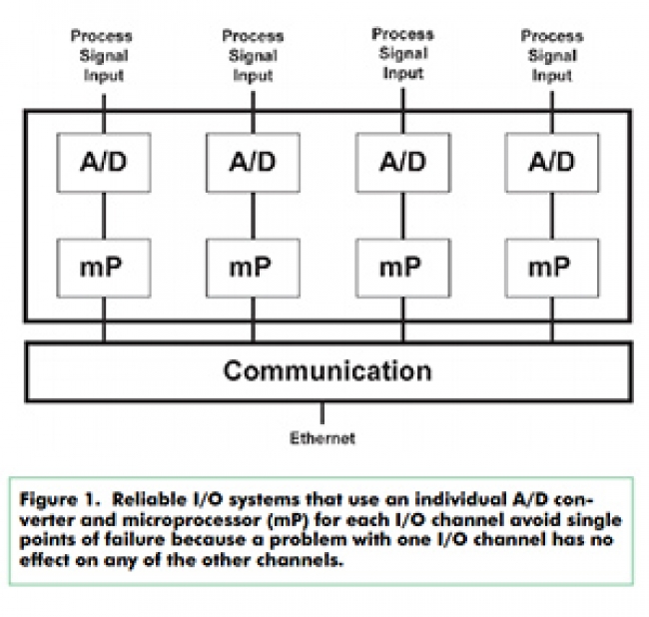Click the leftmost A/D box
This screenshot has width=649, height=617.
tap(103, 163)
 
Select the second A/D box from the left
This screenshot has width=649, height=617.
tap(254, 163)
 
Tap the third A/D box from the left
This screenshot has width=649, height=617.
tap(403, 163)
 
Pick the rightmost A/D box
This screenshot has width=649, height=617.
tap(552, 163)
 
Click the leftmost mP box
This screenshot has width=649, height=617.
tap(103, 268)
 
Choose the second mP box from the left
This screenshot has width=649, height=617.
tap(254, 268)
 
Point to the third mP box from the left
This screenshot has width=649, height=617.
tap(403, 268)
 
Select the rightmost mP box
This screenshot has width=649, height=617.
tap(552, 268)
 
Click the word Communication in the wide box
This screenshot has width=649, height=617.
tap(326, 371)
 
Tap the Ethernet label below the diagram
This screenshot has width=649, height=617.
tap(323, 437)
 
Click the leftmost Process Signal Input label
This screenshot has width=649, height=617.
tap(102, 56)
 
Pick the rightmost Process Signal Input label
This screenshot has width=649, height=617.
tap(552, 56)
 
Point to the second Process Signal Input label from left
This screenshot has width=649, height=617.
tap(253, 56)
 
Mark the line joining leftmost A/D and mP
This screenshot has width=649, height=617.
tap(102, 215)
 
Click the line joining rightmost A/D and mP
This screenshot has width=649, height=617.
tap(552, 215)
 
